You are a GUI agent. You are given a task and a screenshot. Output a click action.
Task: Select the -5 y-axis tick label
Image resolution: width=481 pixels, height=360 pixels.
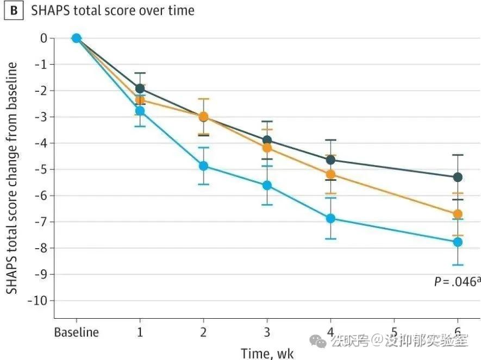[40, 169]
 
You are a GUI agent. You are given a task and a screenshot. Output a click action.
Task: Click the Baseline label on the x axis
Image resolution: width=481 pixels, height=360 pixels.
[77, 332]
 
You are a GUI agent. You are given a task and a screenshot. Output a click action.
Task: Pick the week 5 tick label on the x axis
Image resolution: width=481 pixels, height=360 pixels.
[394, 332]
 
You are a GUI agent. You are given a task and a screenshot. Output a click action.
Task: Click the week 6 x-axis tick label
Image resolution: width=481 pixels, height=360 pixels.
[458, 332]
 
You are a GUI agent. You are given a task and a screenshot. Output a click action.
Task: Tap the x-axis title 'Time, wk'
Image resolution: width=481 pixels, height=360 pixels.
[267, 353]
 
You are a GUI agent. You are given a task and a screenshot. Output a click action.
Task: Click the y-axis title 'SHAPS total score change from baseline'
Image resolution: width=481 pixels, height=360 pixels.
[11, 179]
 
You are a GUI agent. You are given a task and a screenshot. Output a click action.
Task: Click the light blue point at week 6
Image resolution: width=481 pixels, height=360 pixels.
[458, 242]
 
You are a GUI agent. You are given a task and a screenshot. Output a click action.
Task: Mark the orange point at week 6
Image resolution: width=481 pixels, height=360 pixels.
[458, 214]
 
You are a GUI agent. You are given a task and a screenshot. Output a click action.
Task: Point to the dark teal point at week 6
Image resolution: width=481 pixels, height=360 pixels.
[458, 177]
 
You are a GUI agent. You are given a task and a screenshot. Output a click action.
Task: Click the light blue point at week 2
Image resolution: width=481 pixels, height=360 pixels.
[203, 166]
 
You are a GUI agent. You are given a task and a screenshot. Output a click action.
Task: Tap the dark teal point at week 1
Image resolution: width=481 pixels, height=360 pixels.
[140, 88]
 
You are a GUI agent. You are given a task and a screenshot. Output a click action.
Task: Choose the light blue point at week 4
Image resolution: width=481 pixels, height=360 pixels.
[330, 218]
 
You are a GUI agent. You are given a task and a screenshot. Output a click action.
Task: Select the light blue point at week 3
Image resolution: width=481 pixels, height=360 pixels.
[267, 185]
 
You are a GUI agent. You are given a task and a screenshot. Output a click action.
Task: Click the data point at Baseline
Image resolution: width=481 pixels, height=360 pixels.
[77, 38]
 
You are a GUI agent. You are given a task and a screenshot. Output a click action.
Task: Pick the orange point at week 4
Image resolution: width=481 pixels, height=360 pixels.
[330, 174]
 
